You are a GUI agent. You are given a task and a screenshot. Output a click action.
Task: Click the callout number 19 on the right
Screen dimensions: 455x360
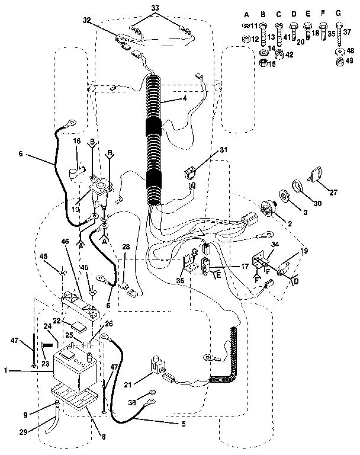(304, 251)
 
